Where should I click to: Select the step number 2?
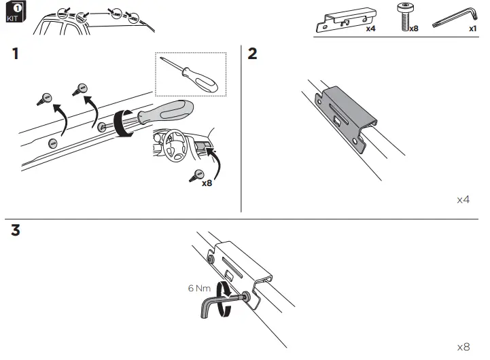tap(252, 54)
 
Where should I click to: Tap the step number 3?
tap(16, 231)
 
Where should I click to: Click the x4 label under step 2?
tap(463, 200)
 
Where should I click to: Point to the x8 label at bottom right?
tap(463, 347)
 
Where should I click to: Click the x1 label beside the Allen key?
tap(472, 30)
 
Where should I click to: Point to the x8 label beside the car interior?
tap(207, 182)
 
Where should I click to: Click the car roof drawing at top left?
tap(95, 20)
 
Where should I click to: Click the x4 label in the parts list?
tap(370, 30)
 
